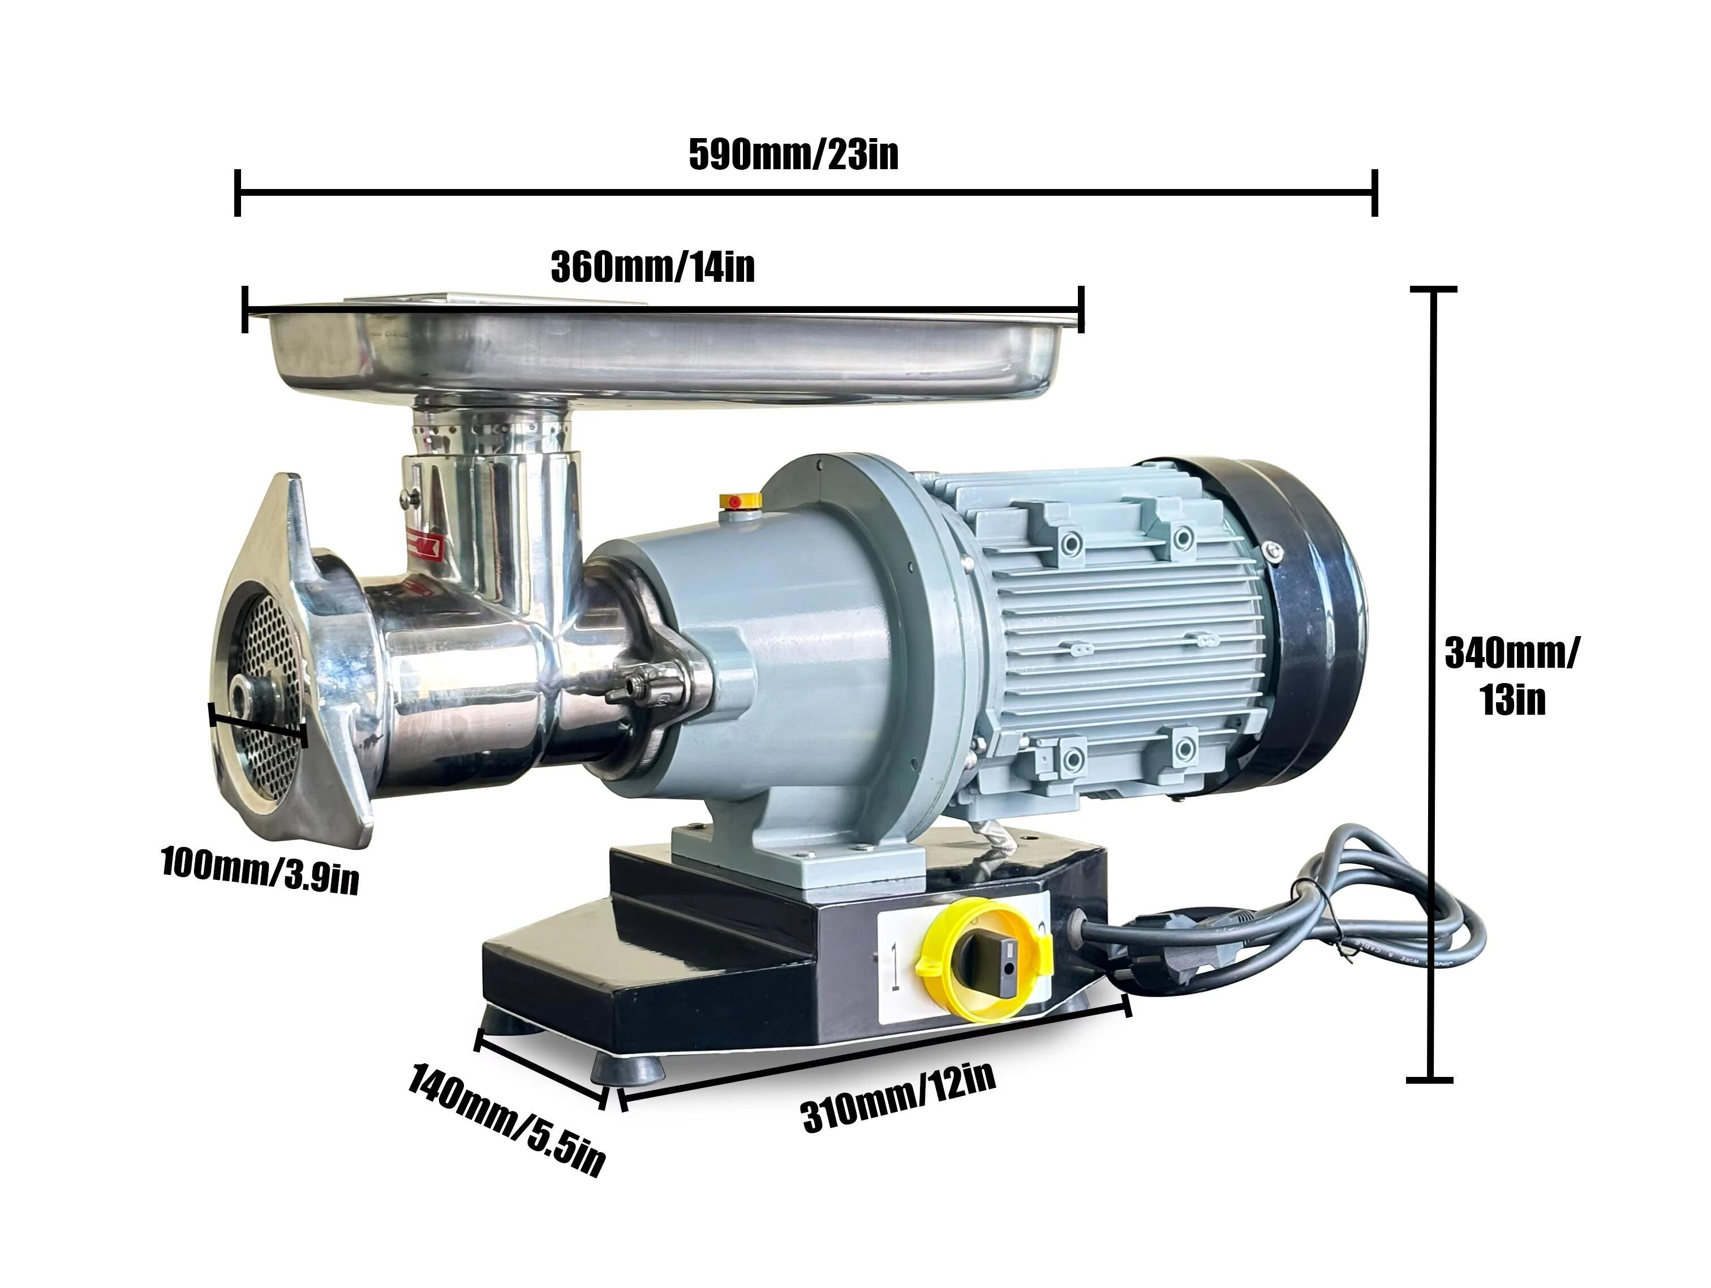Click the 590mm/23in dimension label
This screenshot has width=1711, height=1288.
[x=794, y=154]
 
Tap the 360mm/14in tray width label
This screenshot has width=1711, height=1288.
[x=652, y=268]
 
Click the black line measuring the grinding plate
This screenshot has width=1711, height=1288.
[x=259, y=725]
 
